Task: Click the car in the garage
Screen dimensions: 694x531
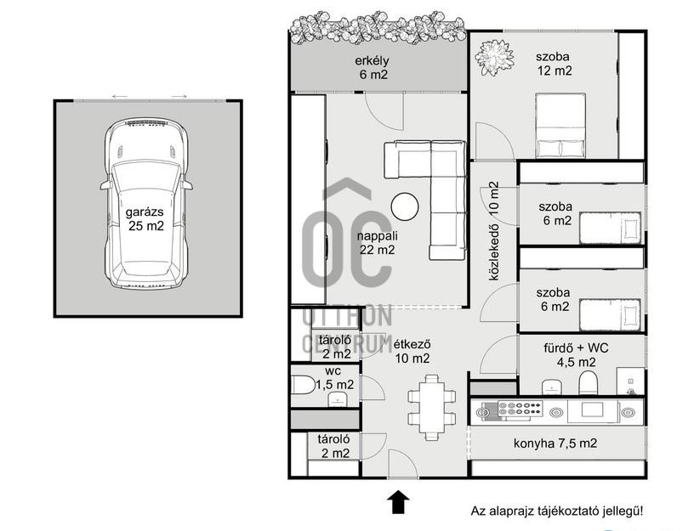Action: tap(146, 203)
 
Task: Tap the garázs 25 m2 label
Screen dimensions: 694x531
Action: tap(146, 219)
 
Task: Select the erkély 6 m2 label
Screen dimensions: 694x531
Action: tap(373, 68)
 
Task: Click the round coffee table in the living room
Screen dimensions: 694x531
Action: tap(405, 206)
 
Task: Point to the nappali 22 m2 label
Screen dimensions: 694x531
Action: tap(377, 243)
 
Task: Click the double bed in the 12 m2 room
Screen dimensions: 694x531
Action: tap(560, 125)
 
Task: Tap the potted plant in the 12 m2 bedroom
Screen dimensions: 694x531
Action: tap(494, 57)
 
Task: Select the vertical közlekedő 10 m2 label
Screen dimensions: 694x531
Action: tap(494, 231)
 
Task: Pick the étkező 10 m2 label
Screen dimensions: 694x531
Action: tap(412, 351)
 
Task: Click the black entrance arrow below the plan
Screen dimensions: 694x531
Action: tap(398, 501)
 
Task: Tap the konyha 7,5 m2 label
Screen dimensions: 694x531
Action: tap(555, 443)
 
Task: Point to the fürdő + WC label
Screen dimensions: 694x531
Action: tap(576, 348)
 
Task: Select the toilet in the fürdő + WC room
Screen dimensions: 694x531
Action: tap(589, 383)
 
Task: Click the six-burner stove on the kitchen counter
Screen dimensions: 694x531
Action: tap(520, 409)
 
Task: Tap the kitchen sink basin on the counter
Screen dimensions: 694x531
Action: tap(593, 410)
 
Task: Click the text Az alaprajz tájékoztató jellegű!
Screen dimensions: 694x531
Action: tap(557, 511)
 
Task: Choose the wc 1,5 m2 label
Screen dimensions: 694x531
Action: tap(335, 378)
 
